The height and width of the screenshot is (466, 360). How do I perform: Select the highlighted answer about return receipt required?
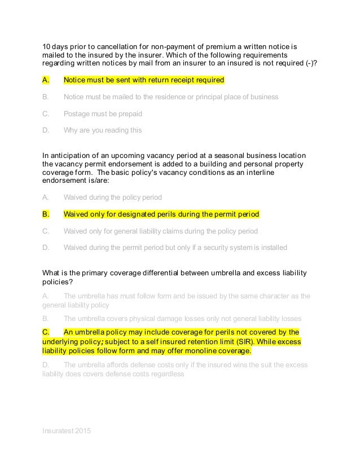pos(144,80)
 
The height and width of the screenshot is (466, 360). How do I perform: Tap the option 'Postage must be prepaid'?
pos(103,113)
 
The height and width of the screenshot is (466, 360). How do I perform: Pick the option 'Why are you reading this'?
pos(103,130)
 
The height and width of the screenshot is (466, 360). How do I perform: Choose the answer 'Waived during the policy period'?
pos(112,197)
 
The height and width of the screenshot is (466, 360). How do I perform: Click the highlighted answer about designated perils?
pos(161,214)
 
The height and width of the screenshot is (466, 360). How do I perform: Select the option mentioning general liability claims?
pos(160,231)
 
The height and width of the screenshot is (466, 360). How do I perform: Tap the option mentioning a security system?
pos(175,248)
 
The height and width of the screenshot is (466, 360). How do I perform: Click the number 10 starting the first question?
pos(47,46)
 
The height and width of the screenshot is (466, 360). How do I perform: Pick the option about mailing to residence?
pos(170,97)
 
